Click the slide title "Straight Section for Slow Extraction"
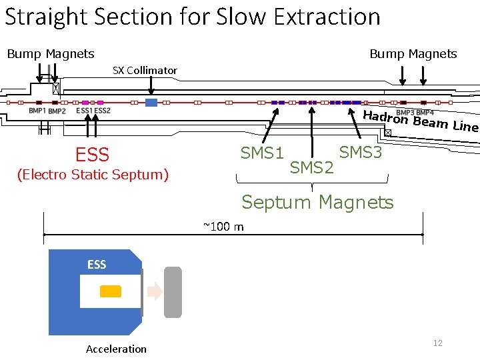point(192,16)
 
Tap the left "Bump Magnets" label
point(51,54)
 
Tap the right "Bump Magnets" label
point(413,54)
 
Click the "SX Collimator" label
point(145,70)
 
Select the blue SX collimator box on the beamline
point(151,103)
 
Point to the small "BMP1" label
point(37,111)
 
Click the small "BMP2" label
point(57,111)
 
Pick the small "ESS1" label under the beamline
point(85,111)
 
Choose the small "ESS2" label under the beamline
point(102,111)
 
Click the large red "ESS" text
point(92,155)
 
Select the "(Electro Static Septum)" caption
point(93,175)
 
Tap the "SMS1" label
point(262,153)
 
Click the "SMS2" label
point(311,167)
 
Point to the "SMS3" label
point(361,153)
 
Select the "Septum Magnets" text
point(317,201)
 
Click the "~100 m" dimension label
point(223,227)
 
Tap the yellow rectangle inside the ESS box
point(111,291)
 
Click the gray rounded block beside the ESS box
point(173,291)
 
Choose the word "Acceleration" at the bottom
point(116,349)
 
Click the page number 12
point(438,343)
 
